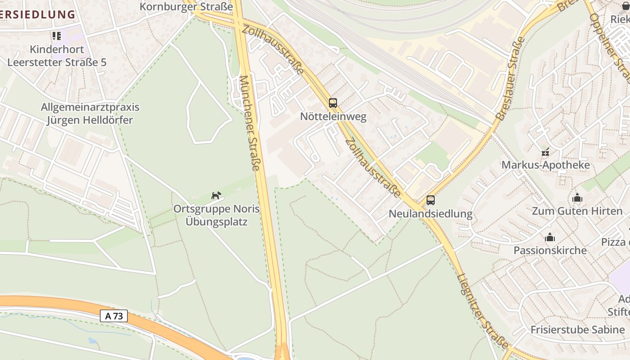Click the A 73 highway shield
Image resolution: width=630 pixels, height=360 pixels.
point(114,316)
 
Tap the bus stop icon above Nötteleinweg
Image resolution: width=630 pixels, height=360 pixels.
point(333,103)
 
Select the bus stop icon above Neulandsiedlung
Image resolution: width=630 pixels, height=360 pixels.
point(431,200)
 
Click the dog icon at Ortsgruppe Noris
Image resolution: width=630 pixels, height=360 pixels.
point(216,195)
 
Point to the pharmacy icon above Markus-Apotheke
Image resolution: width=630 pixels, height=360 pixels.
point(545,152)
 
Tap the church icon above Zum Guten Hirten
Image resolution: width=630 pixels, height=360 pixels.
point(577,198)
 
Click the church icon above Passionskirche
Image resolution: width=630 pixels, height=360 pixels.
point(550,237)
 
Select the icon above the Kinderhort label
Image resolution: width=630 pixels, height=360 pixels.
point(56,36)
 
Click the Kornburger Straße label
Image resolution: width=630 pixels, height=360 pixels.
point(186,7)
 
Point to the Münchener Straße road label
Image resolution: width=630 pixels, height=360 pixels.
point(250,123)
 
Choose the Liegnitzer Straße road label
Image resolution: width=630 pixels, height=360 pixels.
point(482,310)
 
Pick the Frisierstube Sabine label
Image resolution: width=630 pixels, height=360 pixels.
point(578,329)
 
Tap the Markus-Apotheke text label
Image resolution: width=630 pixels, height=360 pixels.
point(545,165)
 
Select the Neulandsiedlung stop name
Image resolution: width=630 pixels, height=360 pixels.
point(431,214)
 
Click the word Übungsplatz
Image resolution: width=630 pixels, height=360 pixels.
point(217,221)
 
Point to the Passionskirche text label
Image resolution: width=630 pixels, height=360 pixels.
point(550,250)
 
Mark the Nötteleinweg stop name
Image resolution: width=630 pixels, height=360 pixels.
point(333,117)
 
